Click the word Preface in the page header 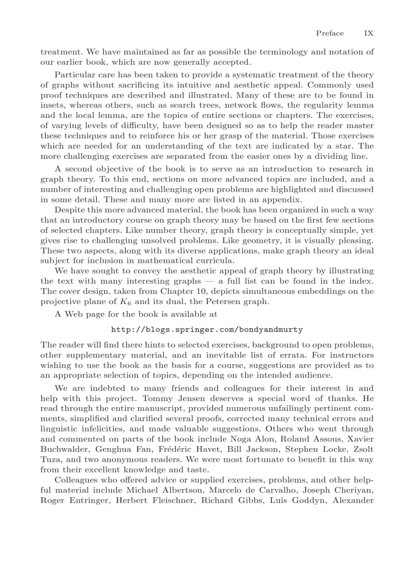coord(329,33)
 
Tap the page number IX coord(369,33)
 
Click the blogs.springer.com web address coord(206,329)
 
